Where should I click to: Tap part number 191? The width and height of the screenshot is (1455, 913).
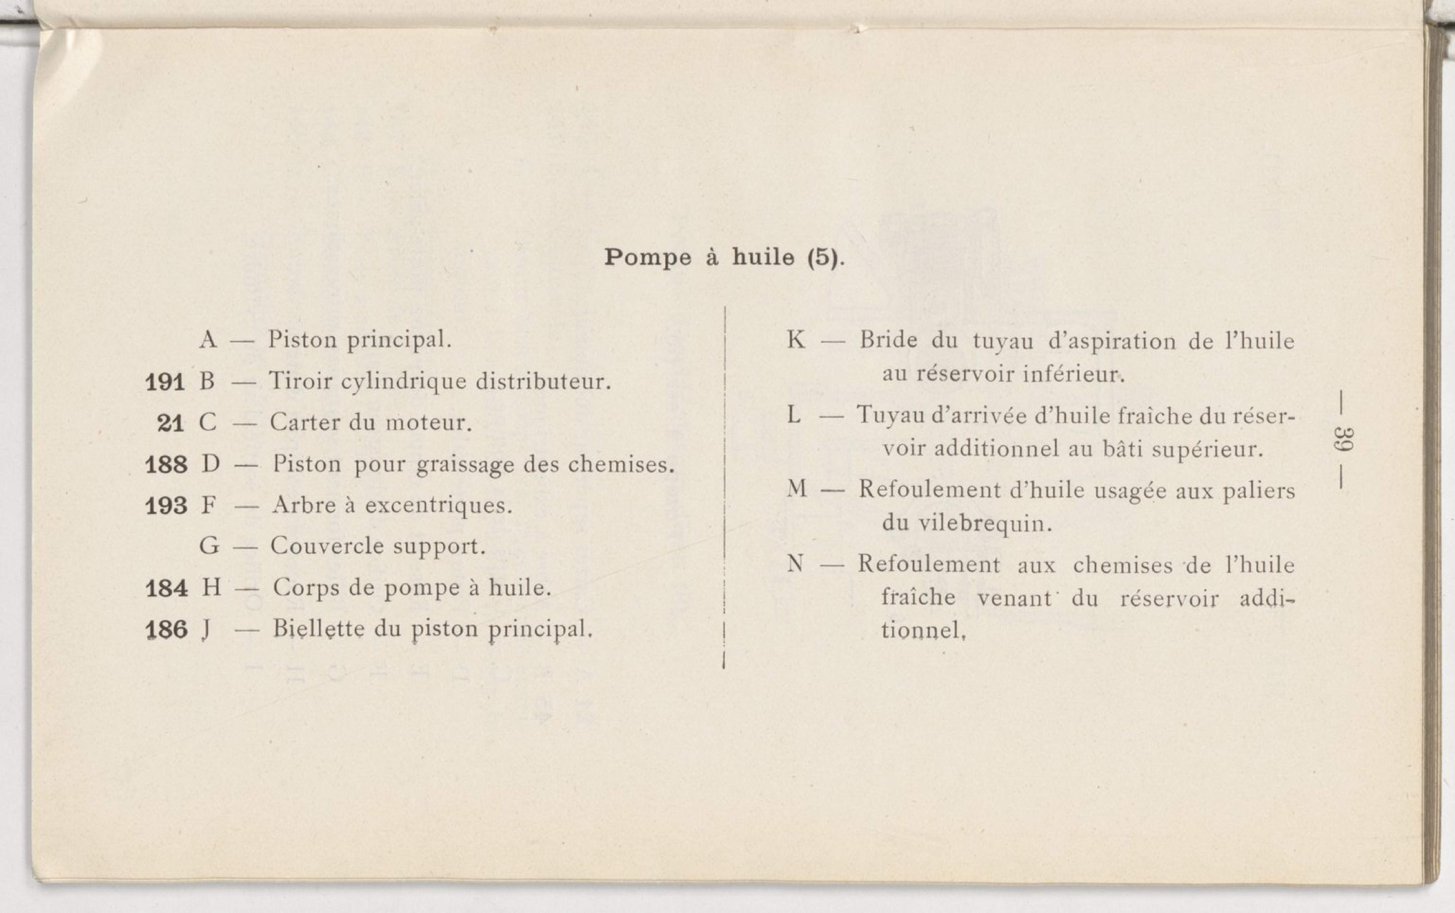pyautogui.click(x=165, y=382)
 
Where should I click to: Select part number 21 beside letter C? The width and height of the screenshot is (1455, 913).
pyautogui.click(x=170, y=423)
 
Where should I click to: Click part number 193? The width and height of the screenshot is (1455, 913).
pyautogui.click(x=166, y=505)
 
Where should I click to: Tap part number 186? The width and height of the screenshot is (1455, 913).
pyautogui.click(x=166, y=630)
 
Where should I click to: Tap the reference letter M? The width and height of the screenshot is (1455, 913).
pyautogui.click(x=797, y=488)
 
